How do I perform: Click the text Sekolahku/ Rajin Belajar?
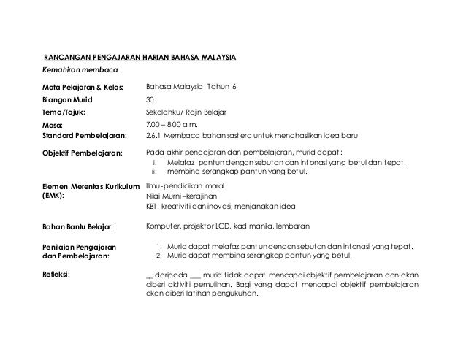point(187,112)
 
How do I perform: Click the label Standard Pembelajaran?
point(85,136)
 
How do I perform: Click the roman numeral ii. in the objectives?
point(154,172)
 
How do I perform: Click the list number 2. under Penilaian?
point(160,256)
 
